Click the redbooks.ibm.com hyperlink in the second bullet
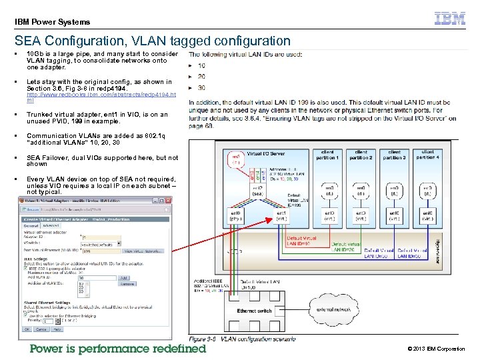101,98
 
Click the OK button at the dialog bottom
27,329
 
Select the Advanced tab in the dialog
51,226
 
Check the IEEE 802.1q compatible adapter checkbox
25,268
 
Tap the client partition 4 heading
427,154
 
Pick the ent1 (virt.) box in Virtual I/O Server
291,215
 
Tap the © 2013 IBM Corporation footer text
436,349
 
